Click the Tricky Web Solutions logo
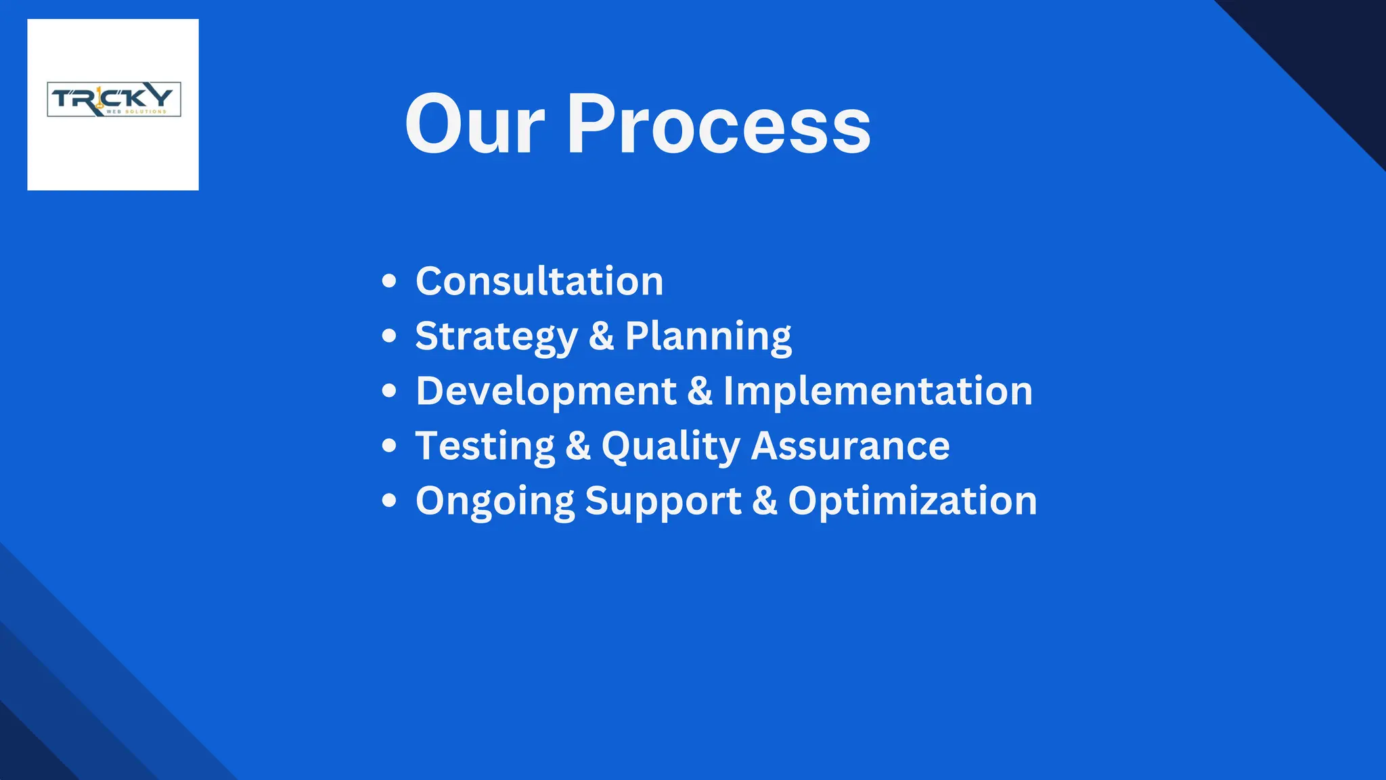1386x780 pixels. pos(114,100)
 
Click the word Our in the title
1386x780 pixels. pos(474,126)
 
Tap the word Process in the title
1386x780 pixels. pos(718,126)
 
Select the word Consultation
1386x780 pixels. pos(539,281)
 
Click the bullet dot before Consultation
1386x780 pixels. pos(388,281)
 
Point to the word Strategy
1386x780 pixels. pos(496,337)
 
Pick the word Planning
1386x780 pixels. pos(708,337)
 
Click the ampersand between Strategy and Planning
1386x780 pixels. pos(601,337)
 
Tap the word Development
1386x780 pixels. pos(546,391)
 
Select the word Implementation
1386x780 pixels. pos(878,391)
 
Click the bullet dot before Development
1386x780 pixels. pos(388,391)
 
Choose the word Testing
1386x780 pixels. pos(485,446)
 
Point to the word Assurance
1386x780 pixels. pos(850,446)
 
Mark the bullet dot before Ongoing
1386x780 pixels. pos(388,501)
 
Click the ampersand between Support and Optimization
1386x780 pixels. pos(765,502)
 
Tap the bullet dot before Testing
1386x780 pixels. pos(388,446)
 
